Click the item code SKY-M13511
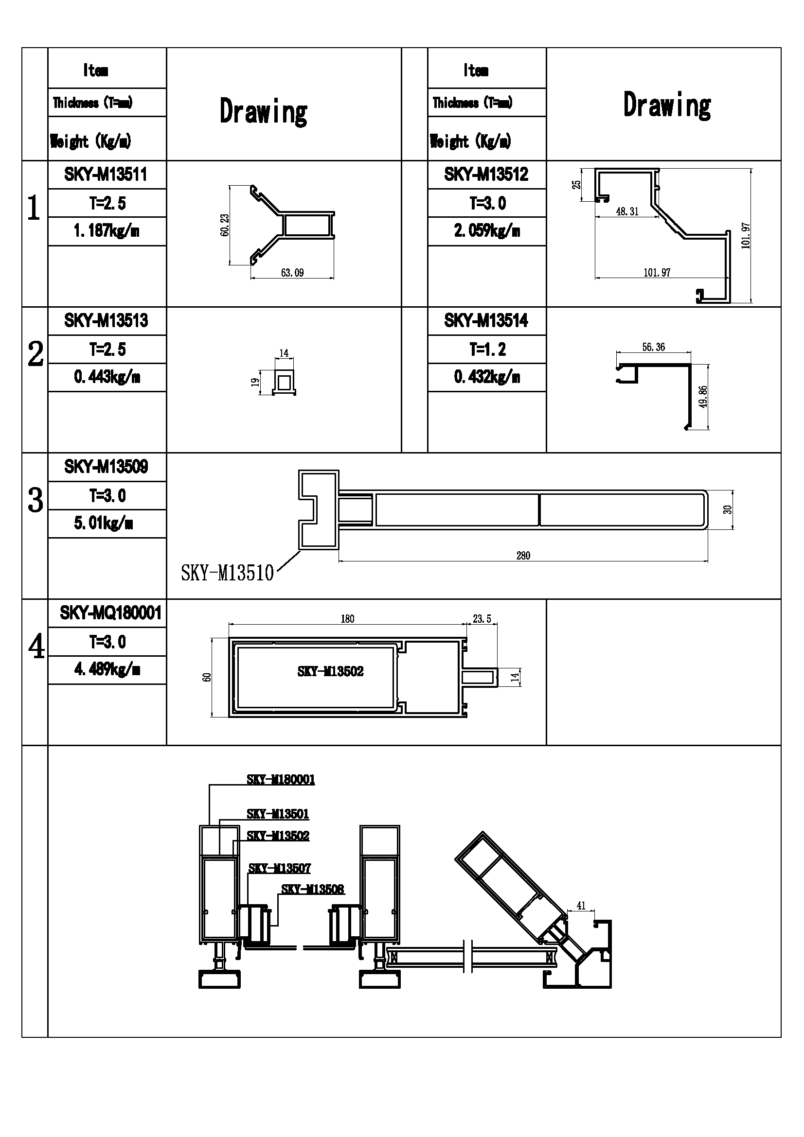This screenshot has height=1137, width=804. point(106,175)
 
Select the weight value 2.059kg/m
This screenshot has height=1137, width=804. point(487,231)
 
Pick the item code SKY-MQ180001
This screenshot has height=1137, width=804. point(110,613)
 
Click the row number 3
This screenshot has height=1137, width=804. point(35,500)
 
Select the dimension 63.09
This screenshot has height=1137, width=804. point(292,273)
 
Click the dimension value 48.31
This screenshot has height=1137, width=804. point(627,211)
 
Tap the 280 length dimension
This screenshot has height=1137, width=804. point(523,556)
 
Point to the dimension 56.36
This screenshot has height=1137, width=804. point(653,347)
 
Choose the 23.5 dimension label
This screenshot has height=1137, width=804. point(482,619)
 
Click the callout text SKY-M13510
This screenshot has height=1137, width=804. point(227,574)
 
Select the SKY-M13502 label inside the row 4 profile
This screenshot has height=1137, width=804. point(330,671)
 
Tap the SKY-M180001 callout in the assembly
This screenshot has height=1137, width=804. point(281,779)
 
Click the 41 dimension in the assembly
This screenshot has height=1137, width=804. point(581,905)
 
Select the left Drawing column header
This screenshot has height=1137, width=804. point(264,112)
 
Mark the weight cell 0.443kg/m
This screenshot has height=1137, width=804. point(107,377)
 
